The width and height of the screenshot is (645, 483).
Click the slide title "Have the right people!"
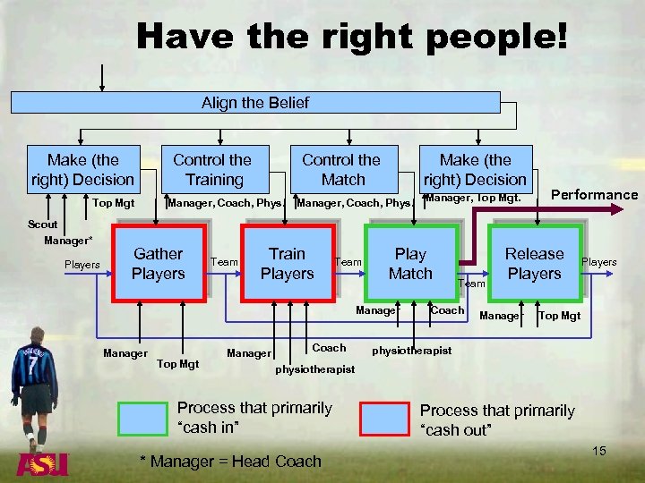(x=351, y=37)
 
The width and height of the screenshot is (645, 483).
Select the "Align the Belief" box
(x=254, y=103)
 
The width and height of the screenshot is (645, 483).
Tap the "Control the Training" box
(x=211, y=169)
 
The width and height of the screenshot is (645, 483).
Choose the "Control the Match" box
(x=340, y=169)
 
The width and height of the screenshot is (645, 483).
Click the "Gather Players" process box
(x=158, y=264)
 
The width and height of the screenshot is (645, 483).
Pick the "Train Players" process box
(x=287, y=264)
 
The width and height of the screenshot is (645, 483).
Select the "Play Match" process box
(x=410, y=264)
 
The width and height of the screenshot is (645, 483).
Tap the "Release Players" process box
(x=534, y=264)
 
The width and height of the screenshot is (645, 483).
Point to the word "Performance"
(x=594, y=195)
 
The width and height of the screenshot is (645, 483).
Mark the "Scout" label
(x=42, y=225)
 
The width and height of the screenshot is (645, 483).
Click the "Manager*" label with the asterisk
(x=68, y=241)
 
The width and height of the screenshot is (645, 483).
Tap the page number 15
(x=599, y=451)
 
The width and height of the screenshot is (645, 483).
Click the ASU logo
(x=41, y=463)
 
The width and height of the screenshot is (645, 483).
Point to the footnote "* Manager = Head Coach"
(x=230, y=462)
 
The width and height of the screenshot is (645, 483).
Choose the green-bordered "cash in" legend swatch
(x=142, y=418)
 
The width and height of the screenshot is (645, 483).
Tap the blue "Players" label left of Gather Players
(x=82, y=265)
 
